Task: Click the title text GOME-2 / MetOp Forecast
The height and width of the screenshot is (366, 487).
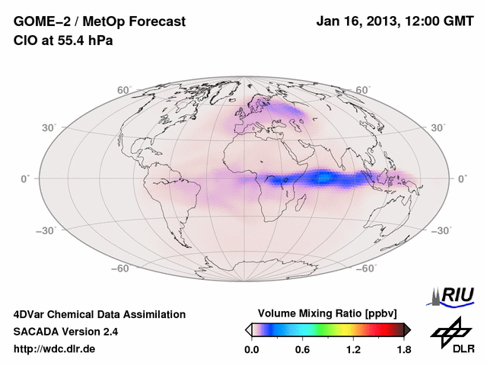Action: click(99, 22)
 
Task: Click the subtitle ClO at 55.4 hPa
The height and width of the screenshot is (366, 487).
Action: click(63, 41)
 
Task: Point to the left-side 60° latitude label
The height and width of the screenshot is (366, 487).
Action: click(124, 90)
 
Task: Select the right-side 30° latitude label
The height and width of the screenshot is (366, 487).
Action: click(438, 127)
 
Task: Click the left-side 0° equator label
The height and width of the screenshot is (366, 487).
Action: click(26, 178)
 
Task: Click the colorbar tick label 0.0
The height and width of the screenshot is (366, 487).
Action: click(252, 350)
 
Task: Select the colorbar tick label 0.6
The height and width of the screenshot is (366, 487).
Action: click(302, 350)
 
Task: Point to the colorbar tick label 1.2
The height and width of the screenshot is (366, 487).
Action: click(353, 350)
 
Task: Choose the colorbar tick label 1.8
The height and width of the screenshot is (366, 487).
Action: click(403, 350)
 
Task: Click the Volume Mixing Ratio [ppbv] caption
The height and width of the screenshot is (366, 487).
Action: click(328, 313)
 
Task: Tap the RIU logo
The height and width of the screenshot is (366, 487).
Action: click(454, 295)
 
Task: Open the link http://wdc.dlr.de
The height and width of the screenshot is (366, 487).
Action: click(55, 349)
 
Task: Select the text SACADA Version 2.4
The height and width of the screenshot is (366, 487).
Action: click(65, 332)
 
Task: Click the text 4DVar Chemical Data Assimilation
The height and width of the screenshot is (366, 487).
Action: click(99, 314)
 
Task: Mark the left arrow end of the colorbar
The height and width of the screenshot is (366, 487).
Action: click(248, 329)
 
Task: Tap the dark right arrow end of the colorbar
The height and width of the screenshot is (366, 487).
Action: click(407, 329)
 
